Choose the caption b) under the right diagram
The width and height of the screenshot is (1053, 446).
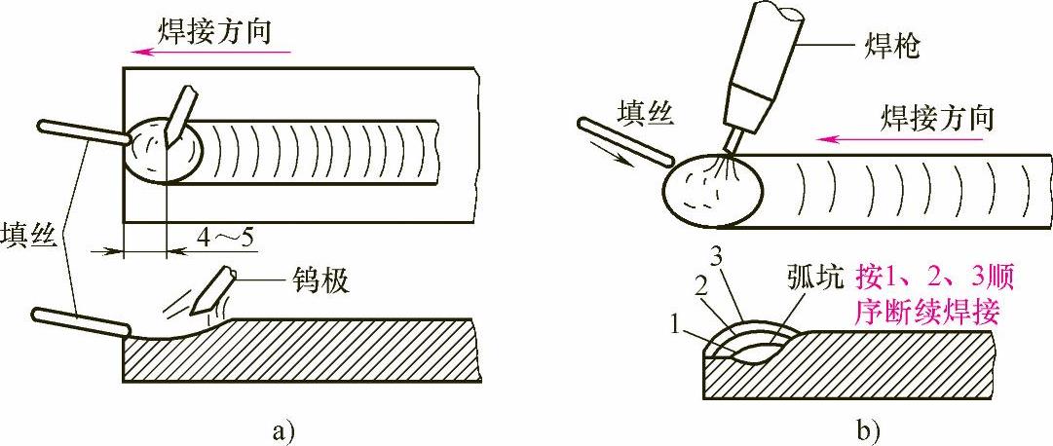pos(867,427)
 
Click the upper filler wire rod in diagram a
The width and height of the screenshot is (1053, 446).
pos(83,133)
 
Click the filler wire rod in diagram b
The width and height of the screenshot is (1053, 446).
pos(623,139)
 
